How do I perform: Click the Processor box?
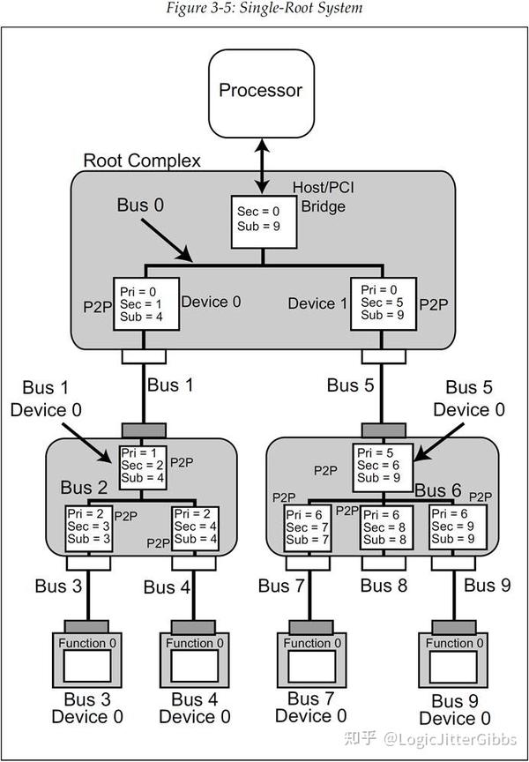[260, 90]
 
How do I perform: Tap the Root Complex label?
[141, 161]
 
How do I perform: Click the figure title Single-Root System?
[264, 8]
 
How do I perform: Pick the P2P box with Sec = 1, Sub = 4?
[145, 304]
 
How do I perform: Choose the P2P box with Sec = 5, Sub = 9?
[383, 304]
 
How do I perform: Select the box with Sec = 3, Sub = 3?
[88, 527]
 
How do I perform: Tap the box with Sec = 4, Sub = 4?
[196, 527]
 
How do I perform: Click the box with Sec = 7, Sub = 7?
[308, 527]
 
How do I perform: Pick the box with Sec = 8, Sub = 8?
[384, 527]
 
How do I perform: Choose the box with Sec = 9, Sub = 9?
[453, 527]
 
